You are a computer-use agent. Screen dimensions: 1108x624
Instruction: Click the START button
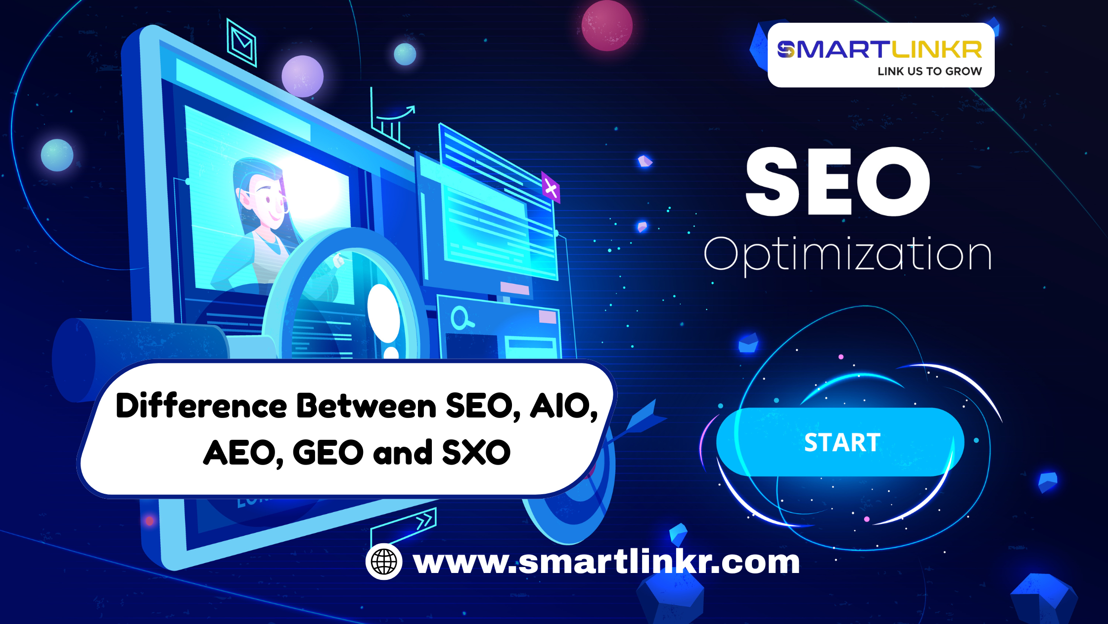coord(840,442)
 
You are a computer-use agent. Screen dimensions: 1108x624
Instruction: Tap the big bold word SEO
coord(837,182)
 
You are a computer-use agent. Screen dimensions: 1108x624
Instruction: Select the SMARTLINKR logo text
coord(879,50)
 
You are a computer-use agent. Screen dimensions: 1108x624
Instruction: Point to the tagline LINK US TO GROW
coord(929,71)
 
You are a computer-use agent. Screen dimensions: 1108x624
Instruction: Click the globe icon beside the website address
coord(384,562)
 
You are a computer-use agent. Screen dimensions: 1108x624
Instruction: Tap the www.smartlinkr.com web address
coord(606,562)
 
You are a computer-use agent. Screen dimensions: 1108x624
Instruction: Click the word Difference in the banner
coord(201,406)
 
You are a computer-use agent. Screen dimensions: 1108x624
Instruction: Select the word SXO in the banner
coord(476,453)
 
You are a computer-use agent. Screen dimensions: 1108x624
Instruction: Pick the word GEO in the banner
coord(328,453)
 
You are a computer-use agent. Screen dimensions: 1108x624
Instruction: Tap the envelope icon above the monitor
coord(241,43)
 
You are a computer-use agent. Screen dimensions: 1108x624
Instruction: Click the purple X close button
coord(551,188)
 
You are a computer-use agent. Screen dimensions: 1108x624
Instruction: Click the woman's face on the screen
coord(267,198)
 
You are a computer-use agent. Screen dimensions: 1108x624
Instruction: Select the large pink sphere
coord(607,26)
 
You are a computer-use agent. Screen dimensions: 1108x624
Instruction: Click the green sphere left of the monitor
coord(57,155)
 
